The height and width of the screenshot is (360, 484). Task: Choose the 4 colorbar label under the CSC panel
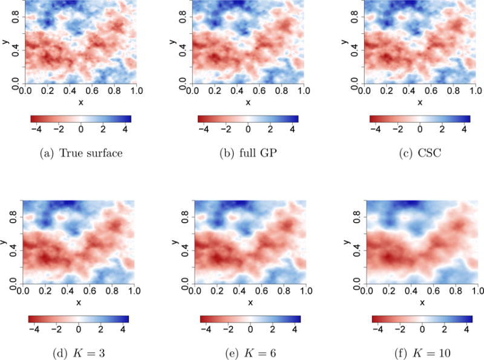463,129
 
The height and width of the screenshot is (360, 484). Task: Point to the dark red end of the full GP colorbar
202,118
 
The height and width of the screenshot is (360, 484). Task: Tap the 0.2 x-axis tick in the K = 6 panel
215,291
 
